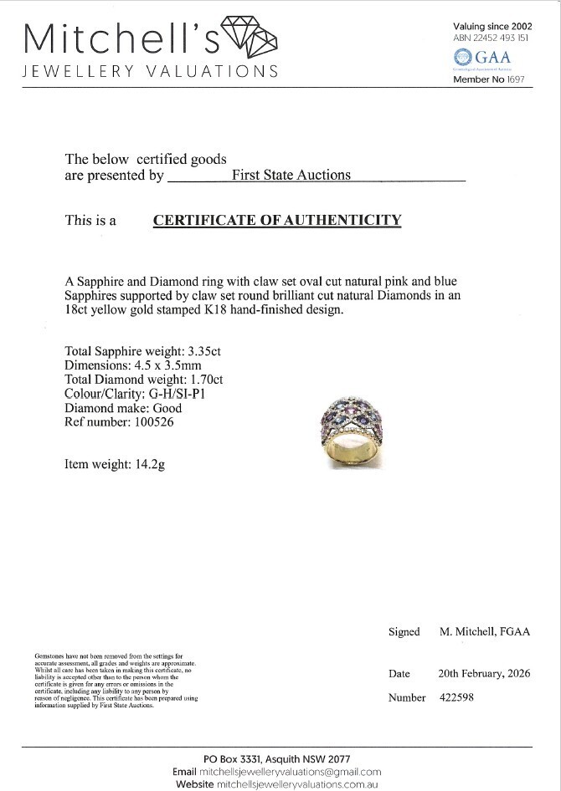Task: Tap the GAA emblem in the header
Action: [x=462, y=58]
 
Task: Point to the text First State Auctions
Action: [x=291, y=176]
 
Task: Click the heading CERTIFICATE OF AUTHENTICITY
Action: [x=277, y=221]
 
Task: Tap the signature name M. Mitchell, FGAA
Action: [x=485, y=632]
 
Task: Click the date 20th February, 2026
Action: [x=484, y=673]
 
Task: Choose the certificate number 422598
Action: [x=456, y=697]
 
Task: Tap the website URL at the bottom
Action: [x=297, y=785]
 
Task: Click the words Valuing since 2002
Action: [x=492, y=26]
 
